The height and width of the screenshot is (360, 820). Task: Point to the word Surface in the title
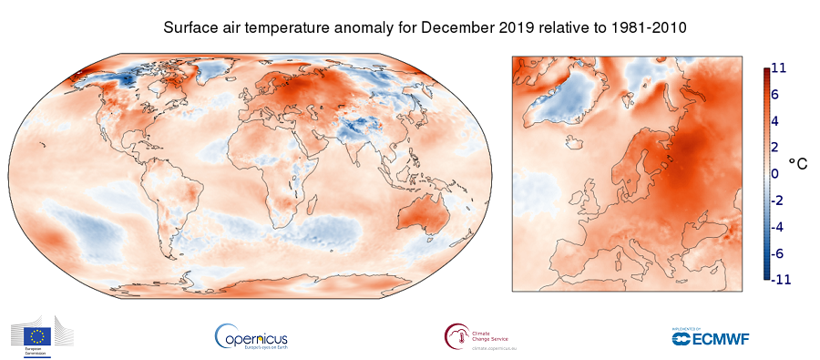190,28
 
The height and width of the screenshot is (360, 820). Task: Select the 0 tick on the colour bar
775,173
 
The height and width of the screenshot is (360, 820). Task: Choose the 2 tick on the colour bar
775,147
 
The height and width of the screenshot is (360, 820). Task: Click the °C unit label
798,164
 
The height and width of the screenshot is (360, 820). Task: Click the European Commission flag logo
41,334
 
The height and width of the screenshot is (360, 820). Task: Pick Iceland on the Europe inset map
573,143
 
